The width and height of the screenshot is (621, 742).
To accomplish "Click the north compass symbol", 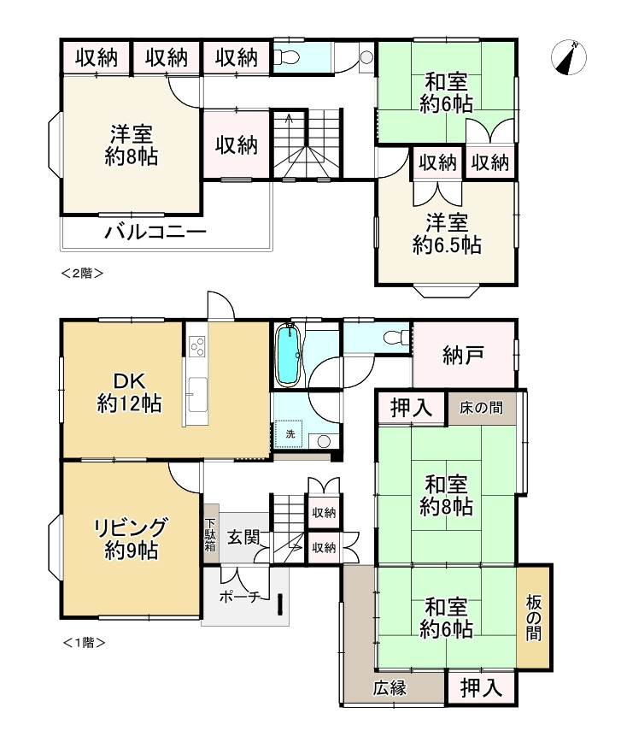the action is [x=569, y=57].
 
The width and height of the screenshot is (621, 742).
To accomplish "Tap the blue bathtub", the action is [x=288, y=355].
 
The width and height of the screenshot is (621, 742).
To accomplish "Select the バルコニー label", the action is [x=155, y=233].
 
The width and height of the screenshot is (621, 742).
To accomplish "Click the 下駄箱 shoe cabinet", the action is [x=211, y=533].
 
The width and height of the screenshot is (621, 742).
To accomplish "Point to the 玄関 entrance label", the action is [x=243, y=537].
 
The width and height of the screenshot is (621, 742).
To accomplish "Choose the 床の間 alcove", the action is [x=482, y=408].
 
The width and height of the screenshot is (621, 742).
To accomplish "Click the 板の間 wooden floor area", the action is [x=534, y=617].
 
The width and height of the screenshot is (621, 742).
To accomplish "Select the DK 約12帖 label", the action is [x=130, y=392].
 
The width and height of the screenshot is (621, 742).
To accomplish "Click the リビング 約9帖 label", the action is [x=131, y=539].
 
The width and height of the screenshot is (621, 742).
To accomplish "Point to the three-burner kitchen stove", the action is [x=196, y=346].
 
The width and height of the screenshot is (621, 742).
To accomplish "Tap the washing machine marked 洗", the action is [x=290, y=433].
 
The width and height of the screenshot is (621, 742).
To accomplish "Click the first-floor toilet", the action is [x=396, y=338].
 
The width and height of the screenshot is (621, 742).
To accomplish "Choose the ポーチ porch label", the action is [x=240, y=597].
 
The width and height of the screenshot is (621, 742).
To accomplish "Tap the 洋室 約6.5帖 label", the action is [x=447, y=234].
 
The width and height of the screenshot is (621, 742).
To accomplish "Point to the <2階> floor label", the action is [x=82, y=273].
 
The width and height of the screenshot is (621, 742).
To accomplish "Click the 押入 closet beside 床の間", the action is [x=411, y=408].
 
